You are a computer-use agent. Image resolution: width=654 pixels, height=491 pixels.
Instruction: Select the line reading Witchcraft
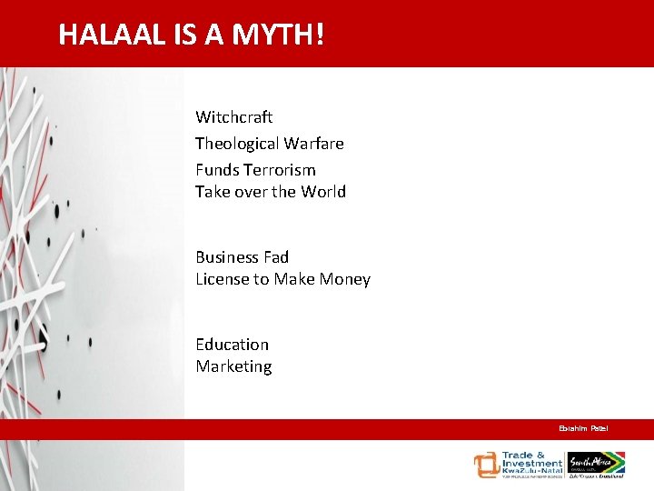pyautogui.click(x=233, y=117)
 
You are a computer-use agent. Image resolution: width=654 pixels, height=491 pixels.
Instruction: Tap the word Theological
pyautogui.click(x=237, y=144)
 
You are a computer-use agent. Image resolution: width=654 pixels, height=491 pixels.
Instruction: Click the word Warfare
pyautogui.click(x=313, y=144)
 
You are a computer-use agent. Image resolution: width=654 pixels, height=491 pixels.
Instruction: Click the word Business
pyautogui.click(x=228, y=257)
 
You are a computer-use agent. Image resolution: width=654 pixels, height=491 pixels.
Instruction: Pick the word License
pyautogui.click(x=222, y=279)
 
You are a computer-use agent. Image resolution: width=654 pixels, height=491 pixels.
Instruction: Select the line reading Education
pyautogui.click(x=232, y=345)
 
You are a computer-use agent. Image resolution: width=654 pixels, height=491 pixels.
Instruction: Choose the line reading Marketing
pyautogui.click(x=233, y=366)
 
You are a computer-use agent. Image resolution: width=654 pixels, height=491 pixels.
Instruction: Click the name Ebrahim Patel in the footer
pyautogui.click(x=583, y=428)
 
